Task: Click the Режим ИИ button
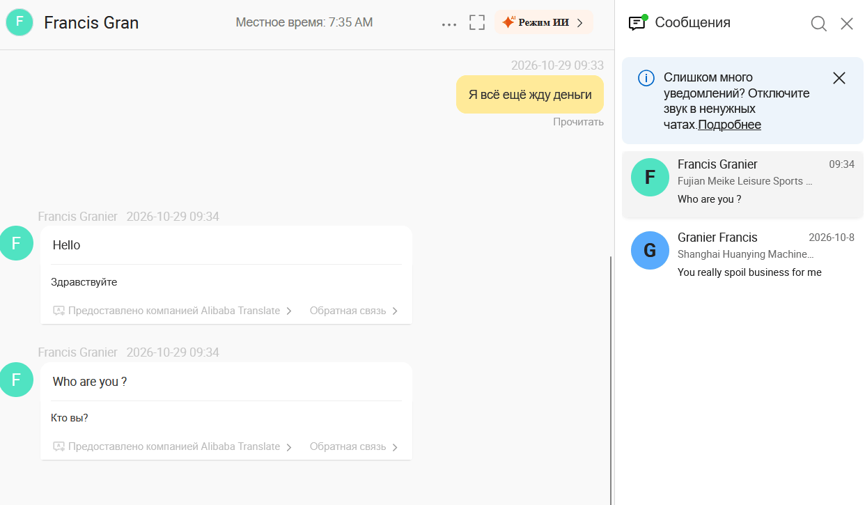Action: pyautogui.click(x=543, y=22)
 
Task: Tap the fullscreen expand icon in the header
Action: pyautogui.click(x=477, y=22)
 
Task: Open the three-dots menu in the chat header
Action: pyautogui.click(x=449, y=24)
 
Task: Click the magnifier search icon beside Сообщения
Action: pyautogui.click(x=818, y=24)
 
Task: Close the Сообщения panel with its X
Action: pyautogui.click(x=847, y=24)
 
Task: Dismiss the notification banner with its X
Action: pyautogui.click(x=839, y=78)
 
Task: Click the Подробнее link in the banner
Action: pyautogui.click(x=729, y=124)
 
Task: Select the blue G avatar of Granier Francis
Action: pyautogui.click(x=650, y=250)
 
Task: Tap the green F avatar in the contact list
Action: pyautogui.click(x=650, y=177)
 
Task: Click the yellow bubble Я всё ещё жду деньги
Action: pyautogui.click(x=530, y=94)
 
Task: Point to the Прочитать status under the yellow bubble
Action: pyautogui.click(x=578, y=122)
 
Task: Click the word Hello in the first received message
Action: pyautogui.click(x=66, y=245)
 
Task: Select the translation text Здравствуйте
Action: pyautogui.click(x=84, y=282)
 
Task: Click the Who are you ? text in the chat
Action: pyautogui.click(x=90, y=382)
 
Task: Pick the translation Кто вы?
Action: pyautogui.click(x=70, y=418)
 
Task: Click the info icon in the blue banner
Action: pyautogui.click(x=646, y=78)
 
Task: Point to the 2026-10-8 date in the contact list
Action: pyautogui.click(x=832, y=238)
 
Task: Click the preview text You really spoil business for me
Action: pyautogui.click(x=749, y=272)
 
